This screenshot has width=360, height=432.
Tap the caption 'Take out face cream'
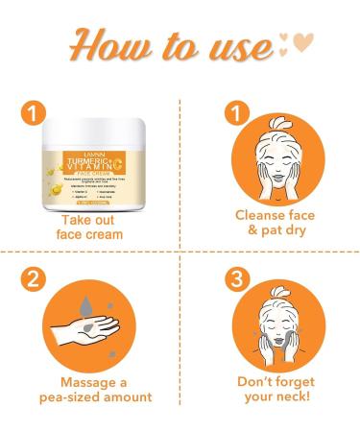pyautogui.click(x=91, y=227)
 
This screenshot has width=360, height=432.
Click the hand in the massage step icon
pyautogui.click(x=86, y=335)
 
